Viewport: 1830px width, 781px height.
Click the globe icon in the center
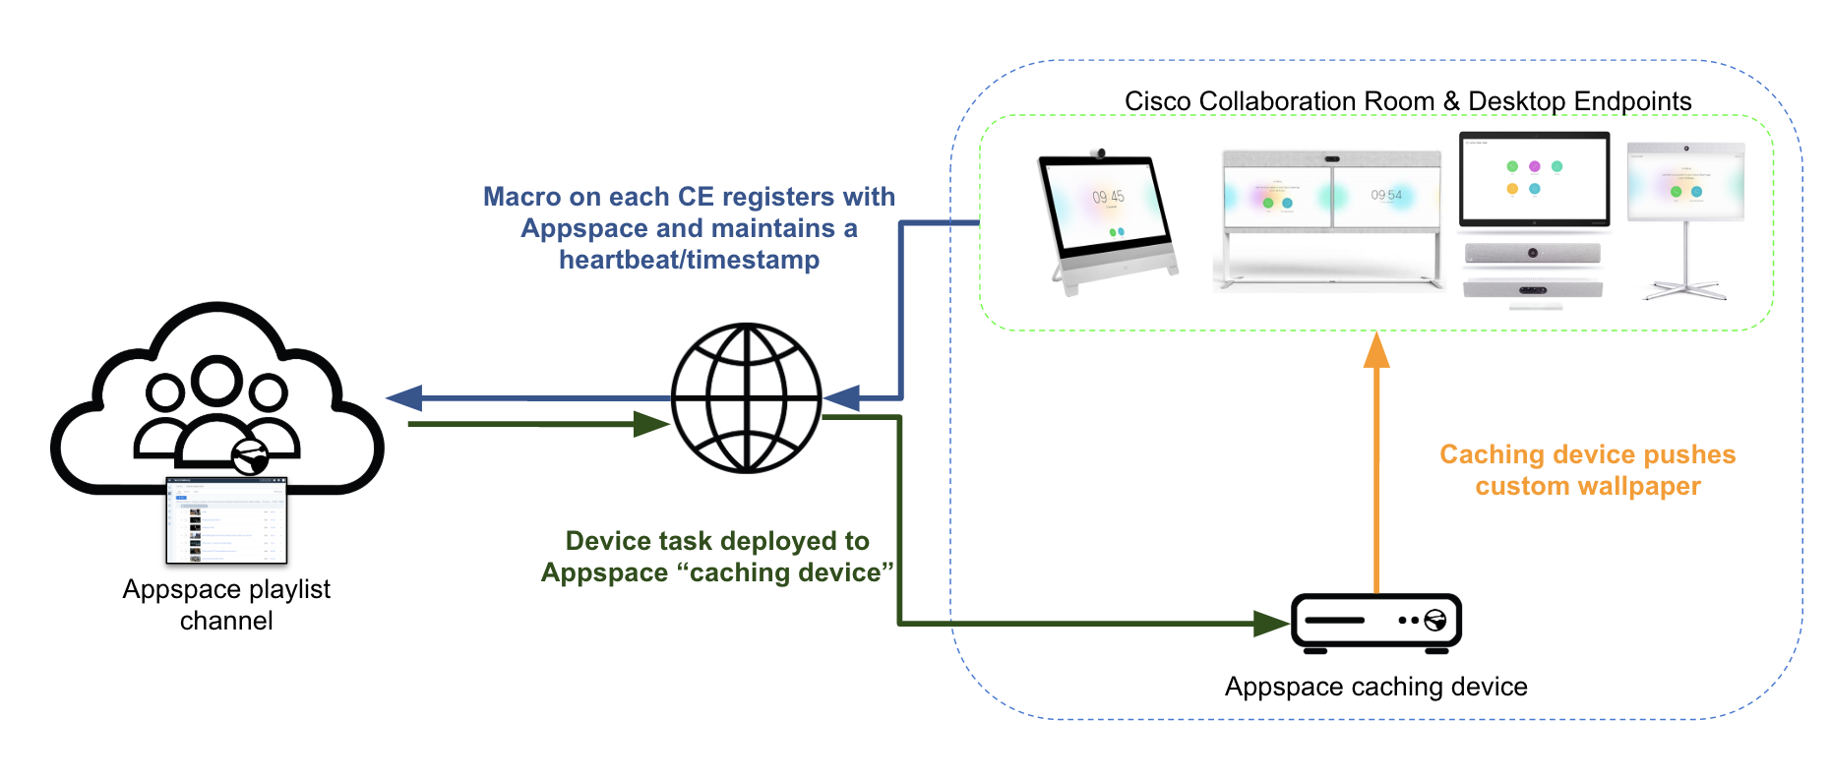(x=746, y=397)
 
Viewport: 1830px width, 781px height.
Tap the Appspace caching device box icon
(x=1375, y=623)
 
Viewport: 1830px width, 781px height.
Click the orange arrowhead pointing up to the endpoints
(x=1376, y=350)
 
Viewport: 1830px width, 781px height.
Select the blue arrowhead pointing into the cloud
(x=404, y=398)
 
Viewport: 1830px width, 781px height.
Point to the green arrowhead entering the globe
(x=651, y=424)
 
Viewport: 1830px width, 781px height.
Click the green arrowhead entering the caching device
(x=1271, y=623)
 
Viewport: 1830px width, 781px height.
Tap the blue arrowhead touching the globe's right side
(x=842, y=398)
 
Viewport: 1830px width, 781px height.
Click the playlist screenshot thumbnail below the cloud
(x=226, y=520)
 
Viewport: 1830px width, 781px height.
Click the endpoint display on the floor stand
(x=1684, y=182)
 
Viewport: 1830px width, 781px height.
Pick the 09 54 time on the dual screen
(x=1386, y=195)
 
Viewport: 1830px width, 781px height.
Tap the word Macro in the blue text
(x=521, y=197)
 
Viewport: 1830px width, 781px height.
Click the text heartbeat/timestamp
(x=689, y=260)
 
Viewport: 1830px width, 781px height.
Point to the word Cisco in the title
(x=1157, y=101)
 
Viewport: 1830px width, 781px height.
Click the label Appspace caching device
(x=1375, y=687)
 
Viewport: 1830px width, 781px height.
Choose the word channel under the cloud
(x=226, y=621)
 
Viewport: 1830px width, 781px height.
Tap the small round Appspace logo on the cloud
(x=250, y=456)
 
